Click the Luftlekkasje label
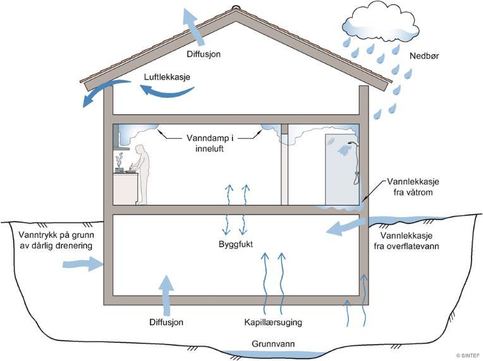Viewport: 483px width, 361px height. tap(167, 78)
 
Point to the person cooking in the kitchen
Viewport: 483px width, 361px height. tap(142, 174)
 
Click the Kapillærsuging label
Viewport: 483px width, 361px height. tap(273, 323)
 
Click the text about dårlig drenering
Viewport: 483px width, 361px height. tap(50, 240)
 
